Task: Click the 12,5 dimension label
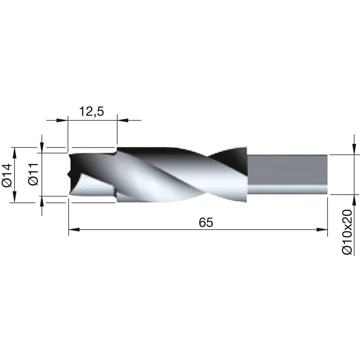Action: [x=91, y=111]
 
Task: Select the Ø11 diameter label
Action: [x=33, y=174]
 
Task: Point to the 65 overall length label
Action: [x=206, y=222]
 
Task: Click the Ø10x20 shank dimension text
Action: [x=347, y=232]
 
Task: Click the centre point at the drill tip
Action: [x=68, y=175]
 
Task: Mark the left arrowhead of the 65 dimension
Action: [x=74, y=229]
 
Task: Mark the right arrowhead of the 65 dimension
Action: [x=322, y=229]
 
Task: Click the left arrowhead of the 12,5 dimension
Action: [x=62, y=120]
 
